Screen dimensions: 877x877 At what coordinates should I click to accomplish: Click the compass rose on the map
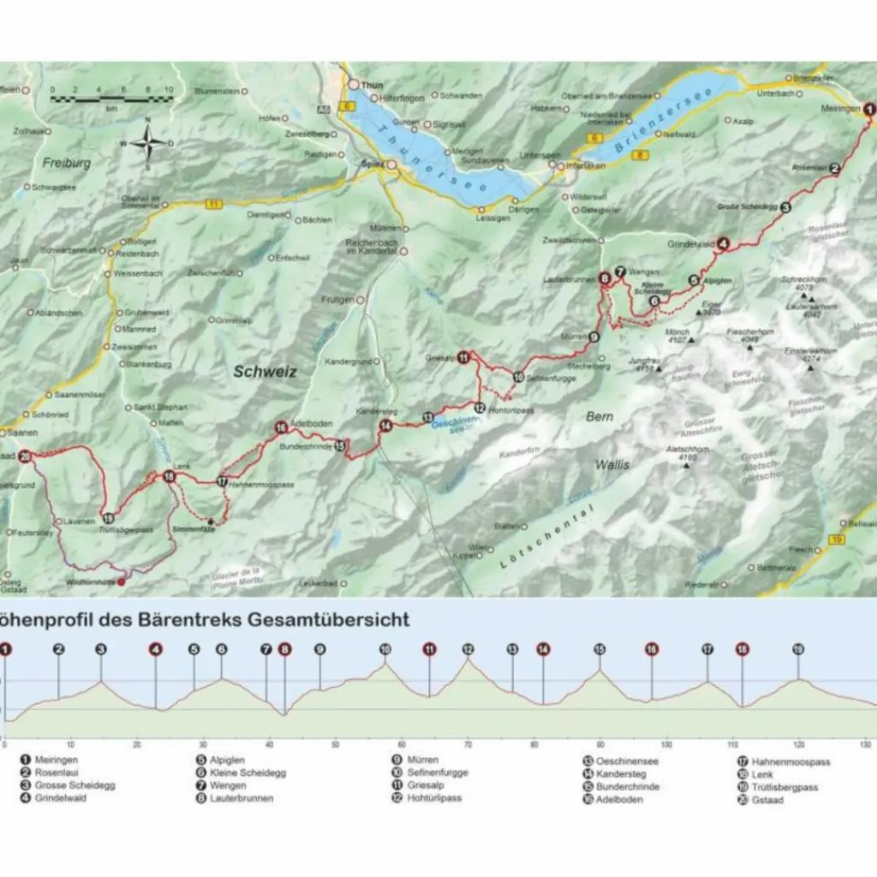tap(147, 143)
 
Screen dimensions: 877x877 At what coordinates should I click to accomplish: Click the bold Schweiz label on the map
tap(265, 371)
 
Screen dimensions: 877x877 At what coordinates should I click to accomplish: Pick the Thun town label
tap(370, 85)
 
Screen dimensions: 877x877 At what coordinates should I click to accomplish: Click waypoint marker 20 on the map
tap(26, 456)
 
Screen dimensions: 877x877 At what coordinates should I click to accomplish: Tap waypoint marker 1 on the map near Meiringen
tap(869, 109)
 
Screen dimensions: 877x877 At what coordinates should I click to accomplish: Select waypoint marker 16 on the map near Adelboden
tap(280, 427)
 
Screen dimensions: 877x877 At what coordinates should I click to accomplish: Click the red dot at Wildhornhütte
tap(121, 582)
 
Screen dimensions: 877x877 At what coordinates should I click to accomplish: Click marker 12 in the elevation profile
tap(468, 649)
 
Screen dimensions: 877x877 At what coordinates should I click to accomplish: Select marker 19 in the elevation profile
tap(798, 649)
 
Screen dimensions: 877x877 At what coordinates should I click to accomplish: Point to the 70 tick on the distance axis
tap(468, 744)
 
